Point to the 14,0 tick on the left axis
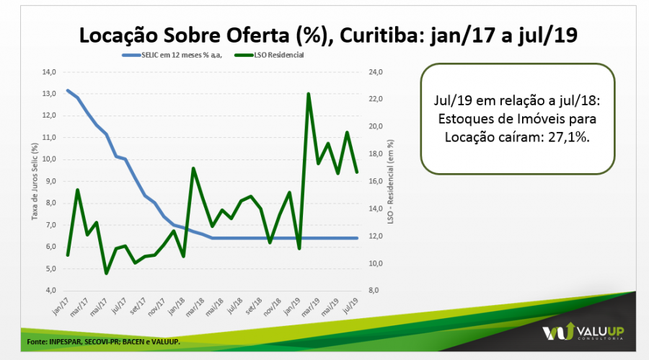49,72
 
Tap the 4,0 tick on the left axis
50,290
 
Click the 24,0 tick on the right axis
377,72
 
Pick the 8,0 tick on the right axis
376,290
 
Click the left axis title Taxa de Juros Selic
34,180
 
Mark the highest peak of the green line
309,94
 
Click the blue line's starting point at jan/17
67,90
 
